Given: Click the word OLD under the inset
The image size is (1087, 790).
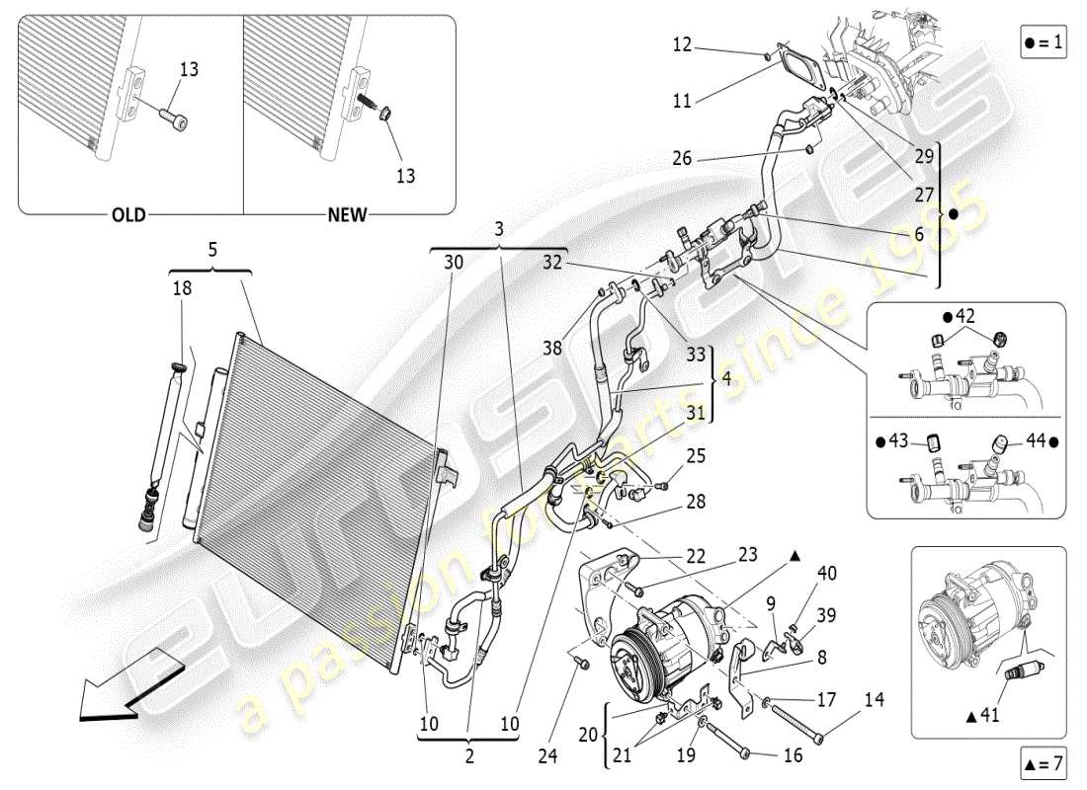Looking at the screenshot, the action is [x=127, y=214].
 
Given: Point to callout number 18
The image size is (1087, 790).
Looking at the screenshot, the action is [x=183, y=288].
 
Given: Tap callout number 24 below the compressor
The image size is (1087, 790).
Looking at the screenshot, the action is [x=546, y=757].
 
